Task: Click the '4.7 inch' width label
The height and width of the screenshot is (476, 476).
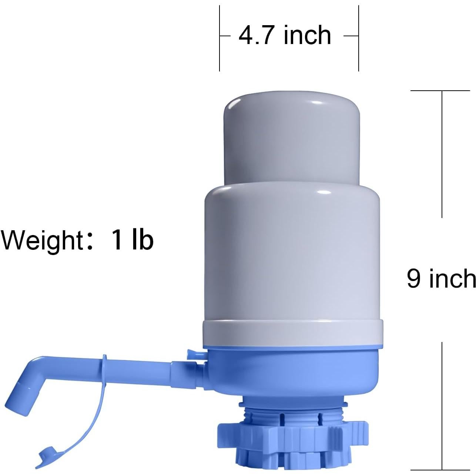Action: point(285,36)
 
